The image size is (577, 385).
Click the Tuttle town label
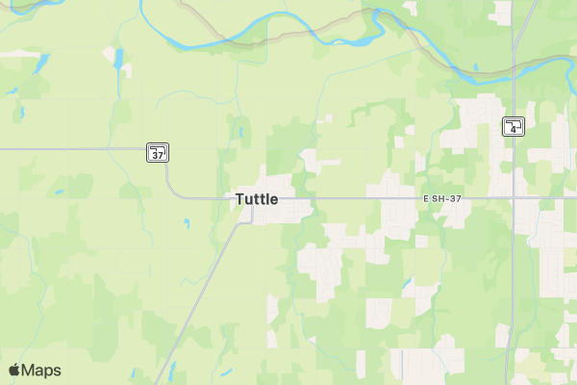point(257,199)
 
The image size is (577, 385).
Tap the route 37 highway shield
point(158,152)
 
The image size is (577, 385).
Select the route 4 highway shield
point(514,126)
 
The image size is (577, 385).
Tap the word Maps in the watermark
point(41,370)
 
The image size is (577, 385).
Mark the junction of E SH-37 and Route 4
point(513,199)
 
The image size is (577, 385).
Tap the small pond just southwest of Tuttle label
point(186,224)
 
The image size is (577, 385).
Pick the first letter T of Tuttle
point(239,199)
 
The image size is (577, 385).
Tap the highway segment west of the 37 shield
point(77,150)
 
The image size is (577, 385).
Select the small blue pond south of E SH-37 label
point(409,285)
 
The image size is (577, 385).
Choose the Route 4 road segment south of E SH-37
point(511,289)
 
